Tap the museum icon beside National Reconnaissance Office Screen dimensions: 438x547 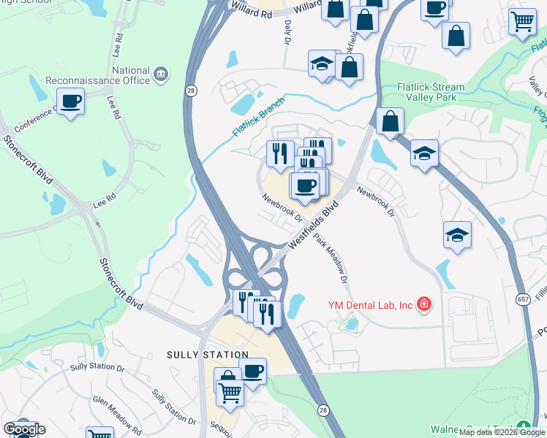click(161, 74)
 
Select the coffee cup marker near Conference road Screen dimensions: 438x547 click(70, 101)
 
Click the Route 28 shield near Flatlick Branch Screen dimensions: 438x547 click(191, 90)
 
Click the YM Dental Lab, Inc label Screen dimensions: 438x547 click(371, 304)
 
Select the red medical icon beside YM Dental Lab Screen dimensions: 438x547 click(423, 304)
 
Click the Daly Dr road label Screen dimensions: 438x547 click(287, 33)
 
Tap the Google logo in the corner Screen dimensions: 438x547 click(24, 429)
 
